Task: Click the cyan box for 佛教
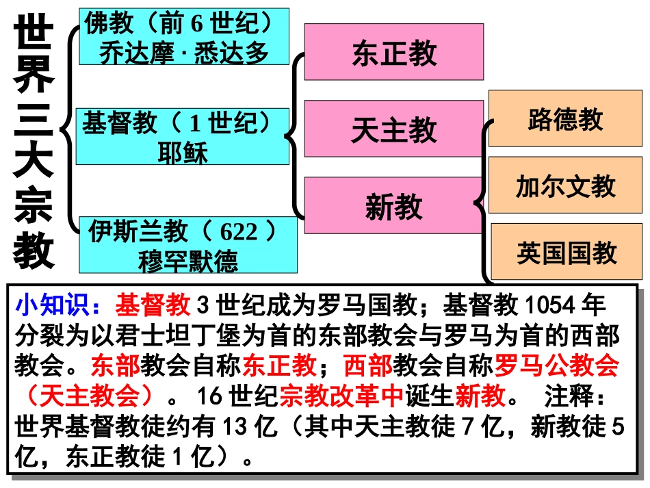coord(183,37)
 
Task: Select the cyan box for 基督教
coord(182,136)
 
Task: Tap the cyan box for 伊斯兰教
coord(188,245)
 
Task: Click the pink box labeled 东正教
coord(393,52)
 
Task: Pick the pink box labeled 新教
coord(393,205)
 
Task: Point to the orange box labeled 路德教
coord(565,118)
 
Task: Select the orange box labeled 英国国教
coord(567,252)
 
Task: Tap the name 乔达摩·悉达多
coord(183,52)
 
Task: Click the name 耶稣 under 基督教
coord(182,152)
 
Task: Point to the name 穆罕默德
coord(188,261)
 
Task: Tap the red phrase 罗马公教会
coord(556,365)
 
